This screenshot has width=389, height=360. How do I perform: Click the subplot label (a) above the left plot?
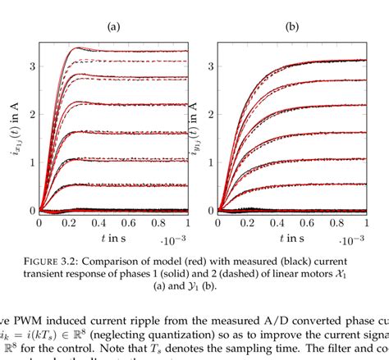click(x=113, y=25)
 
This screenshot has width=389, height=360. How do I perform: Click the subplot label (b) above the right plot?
click(x=291, y=25)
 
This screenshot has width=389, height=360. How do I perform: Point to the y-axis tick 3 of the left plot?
click(x=31, y=65)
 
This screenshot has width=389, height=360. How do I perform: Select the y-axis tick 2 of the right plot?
click(x=209, y=113)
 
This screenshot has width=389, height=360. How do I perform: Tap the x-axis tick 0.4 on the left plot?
click(x=99, y=223)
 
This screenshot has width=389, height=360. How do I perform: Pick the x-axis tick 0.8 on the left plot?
click(x=159, y=223)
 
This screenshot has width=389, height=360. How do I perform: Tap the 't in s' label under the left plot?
click(x=112, y=239)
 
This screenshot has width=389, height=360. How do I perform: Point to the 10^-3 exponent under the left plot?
click(x=175, y=240)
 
